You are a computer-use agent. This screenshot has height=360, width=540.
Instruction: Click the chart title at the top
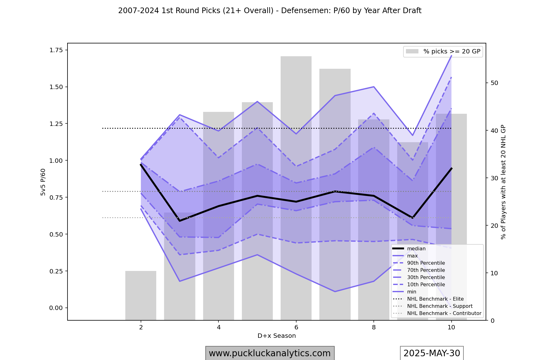pyautogui.click(x=270, y=11)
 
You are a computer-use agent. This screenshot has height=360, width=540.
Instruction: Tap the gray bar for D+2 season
pyautogui.click(x=141, y=295)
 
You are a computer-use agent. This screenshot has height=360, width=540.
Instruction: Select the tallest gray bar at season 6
pyautogui.click(x=296, y=187)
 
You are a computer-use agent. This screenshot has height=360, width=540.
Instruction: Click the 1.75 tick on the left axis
pyautogui.click(x=56, y=50)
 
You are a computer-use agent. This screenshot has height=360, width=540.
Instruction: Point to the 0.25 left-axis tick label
pyautogui.click(x=56, y=271)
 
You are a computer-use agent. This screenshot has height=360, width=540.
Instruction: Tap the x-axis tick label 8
pyautogui.click(x=373, y=327)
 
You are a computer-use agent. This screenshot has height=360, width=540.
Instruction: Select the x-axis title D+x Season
pyautogui.click(x=277, y=336)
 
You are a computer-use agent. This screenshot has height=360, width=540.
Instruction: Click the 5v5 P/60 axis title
pyautogui.click(x=43, y=182)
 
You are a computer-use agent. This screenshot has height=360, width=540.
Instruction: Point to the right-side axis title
pyautogui.click(x=503, y=182)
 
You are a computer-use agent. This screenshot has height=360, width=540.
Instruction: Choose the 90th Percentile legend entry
pyautogui.click(x=426, y=263)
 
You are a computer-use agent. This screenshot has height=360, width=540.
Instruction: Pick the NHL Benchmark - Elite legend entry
pyautogui.click(x=435, y=299)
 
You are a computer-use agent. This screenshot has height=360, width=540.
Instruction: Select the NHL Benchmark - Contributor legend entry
pyautogui.click(x=444, y=313)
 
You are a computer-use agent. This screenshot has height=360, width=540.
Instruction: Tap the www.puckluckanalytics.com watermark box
pyautogui.click(x=270, y=353)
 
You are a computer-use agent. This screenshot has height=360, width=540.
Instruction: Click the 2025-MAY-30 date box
pyautogui.click(x=432, y=353)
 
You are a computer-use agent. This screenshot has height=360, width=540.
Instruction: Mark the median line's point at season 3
pyautogui.click(x=180, y=221)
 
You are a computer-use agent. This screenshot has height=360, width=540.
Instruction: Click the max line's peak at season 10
pyautogui.click(x=451, y=55)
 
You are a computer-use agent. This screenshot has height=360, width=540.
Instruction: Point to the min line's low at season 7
pyautogui.click(x=335, y=292)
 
